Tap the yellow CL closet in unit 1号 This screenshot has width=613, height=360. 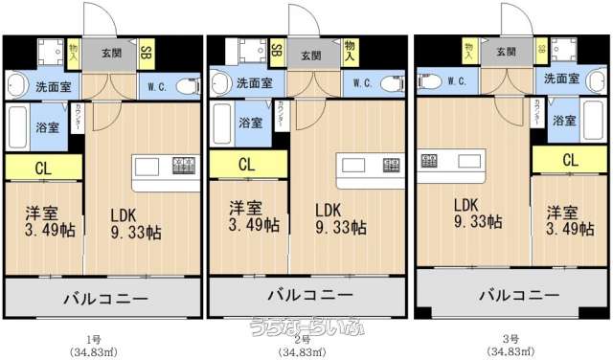point(42,169)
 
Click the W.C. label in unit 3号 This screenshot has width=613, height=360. point(456,81)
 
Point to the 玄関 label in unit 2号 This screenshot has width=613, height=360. point(310,56)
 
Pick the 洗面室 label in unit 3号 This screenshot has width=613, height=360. point(561,77)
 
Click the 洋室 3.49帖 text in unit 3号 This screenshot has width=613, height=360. point(565,219)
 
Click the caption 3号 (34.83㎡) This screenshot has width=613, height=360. point(511,346)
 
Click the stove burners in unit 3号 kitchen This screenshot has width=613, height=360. point(431,159)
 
